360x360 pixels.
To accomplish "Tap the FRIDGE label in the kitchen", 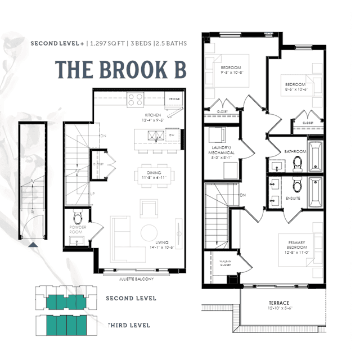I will tap(174, 99).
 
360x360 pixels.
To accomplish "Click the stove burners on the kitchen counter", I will tap(136, 100).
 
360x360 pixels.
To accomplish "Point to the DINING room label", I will tap(152, 173).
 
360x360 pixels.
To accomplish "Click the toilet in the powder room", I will tap(78, 216).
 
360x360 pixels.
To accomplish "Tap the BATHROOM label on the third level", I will tap(295, 152).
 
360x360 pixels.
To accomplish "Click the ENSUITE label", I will tap(292, 198).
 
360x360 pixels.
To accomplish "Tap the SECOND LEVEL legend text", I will tap(131, 298).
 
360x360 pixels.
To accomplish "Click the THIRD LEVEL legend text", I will tap(129, 325).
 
